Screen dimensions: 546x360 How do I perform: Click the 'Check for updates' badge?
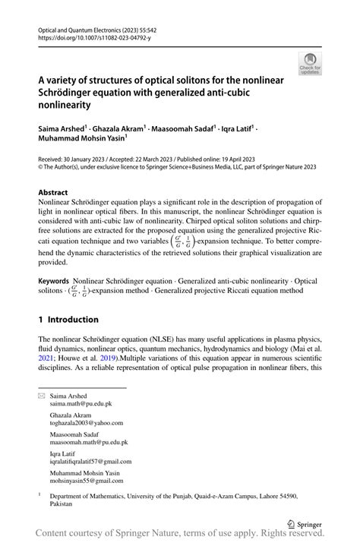(309, 65)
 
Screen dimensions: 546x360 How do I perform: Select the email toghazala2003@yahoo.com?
(86, 422)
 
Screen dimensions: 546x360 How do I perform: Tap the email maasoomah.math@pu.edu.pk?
(89, 441)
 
